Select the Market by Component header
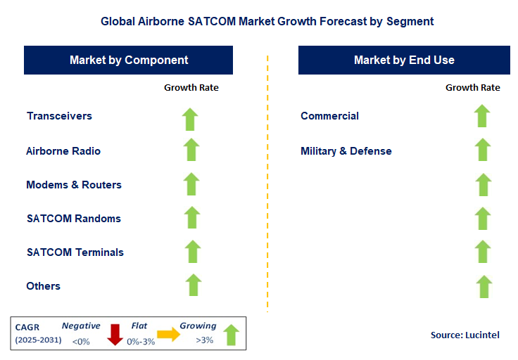(x=129, y=60)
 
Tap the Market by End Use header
(x=404, y=60)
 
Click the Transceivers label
(x=59, y=116)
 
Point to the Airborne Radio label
(x=63, y=151)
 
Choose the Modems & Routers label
(x=74, y=185)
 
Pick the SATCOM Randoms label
(x=73, y=219)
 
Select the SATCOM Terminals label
(x=75, y=252)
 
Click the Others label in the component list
(x=44, y=286)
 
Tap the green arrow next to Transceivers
(x=191, y=118)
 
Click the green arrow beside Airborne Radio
(x=191, y=150)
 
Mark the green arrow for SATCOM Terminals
(x=192, y=251)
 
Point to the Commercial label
(x=329, y=116)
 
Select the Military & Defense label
(x=346, y=151)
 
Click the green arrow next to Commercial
(x=482, y=116)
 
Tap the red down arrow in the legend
(x=115, y=335)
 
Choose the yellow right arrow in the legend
(x=169, y=335)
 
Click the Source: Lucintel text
(x=465, y=335)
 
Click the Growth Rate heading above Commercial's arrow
(x=473, y=88)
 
